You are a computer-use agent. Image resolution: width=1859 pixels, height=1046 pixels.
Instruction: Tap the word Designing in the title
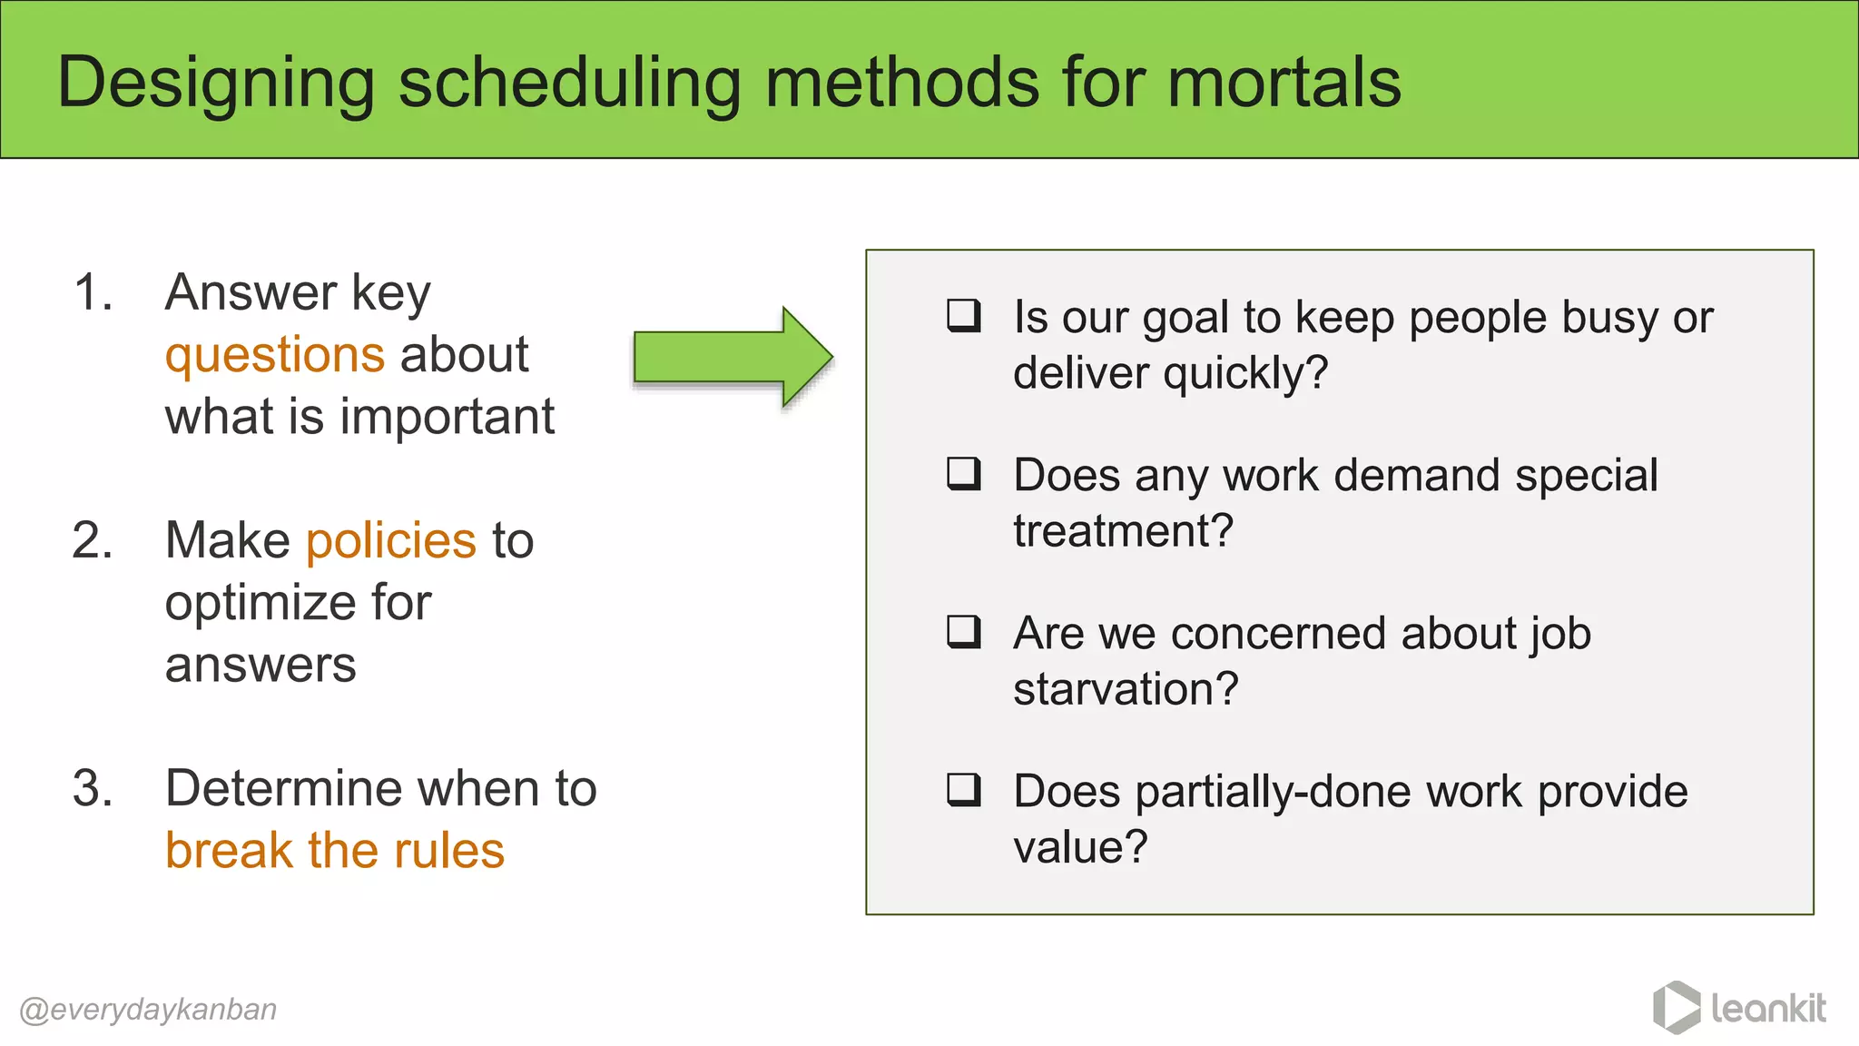[x=216, y=84]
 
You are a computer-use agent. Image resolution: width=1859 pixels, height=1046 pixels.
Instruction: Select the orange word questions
[x=275, y=355]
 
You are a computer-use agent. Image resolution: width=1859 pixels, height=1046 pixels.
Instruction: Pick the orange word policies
[x=390, y=541]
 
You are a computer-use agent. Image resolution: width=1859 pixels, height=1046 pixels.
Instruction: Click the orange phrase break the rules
[x=334, y=851]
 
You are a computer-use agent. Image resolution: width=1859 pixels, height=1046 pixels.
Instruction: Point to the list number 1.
[x=93, y=293]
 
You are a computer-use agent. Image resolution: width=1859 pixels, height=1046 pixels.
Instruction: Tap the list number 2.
[x=93, y=541]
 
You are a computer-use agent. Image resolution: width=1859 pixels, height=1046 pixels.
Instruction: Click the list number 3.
[x=93, y=789]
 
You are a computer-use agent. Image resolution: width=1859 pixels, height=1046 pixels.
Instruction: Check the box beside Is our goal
[x=963, y=315]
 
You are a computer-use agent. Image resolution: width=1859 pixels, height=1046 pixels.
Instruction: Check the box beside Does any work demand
[x=963, y=473]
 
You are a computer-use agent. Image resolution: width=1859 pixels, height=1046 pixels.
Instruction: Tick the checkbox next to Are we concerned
[x=963, y=631]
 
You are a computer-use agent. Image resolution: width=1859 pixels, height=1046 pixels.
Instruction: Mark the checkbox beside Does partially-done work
[x=963, y=789]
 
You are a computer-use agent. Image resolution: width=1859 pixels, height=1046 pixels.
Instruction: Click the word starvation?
[x=1126, y=689]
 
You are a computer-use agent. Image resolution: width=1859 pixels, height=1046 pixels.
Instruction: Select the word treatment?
[x=1123, y=531]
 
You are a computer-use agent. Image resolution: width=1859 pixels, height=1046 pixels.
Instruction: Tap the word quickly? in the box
[x=1245, y=373]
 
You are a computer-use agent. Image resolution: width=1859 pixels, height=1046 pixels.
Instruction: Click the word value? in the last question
[x=1080, y=847]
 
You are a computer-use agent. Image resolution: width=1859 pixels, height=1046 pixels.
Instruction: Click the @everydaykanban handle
[x=148, y=1010]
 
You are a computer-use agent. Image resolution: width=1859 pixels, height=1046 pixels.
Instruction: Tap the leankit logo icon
[x=1676, y=1008]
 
